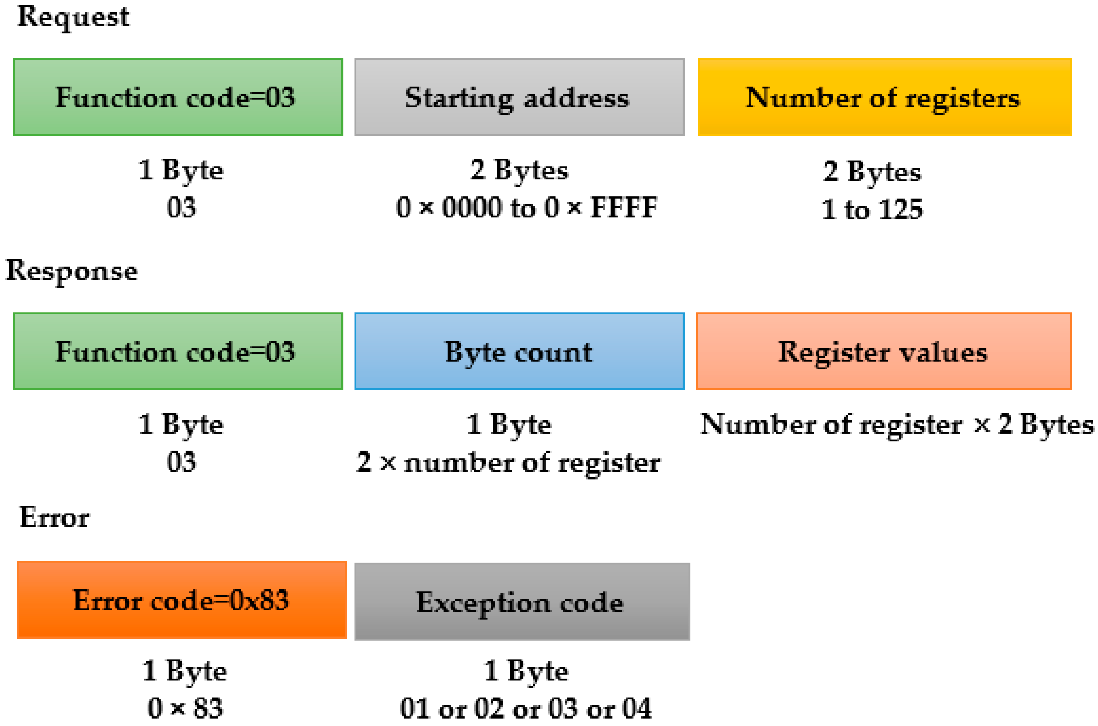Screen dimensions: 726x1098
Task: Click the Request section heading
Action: coord(73,17)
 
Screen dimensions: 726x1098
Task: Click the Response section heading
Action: coord(72,271)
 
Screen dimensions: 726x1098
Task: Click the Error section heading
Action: coord(54,517)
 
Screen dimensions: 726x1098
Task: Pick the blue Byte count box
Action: coord(519,351)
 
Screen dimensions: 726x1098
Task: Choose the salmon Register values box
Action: coord(883,351)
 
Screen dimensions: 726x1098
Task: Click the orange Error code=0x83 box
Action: coord(182,600)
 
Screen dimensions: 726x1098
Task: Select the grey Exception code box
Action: coord(522,602)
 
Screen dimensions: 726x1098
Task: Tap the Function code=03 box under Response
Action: coord(178,351)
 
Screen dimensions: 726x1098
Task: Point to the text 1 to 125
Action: coord(871,209)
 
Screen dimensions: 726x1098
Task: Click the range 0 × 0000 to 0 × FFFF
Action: coord(527,207)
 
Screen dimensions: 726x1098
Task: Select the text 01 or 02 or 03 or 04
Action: coord(525,709)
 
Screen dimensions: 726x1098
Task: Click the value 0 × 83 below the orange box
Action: coord(185,709)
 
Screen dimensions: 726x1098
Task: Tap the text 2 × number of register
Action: coord(508,462)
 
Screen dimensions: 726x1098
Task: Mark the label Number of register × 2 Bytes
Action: coord(896,424)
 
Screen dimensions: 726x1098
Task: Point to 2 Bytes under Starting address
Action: coord(519,170)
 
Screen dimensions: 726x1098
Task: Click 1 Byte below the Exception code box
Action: coord(525,671)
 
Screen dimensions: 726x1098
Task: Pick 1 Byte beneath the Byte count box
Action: coord(509,424)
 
